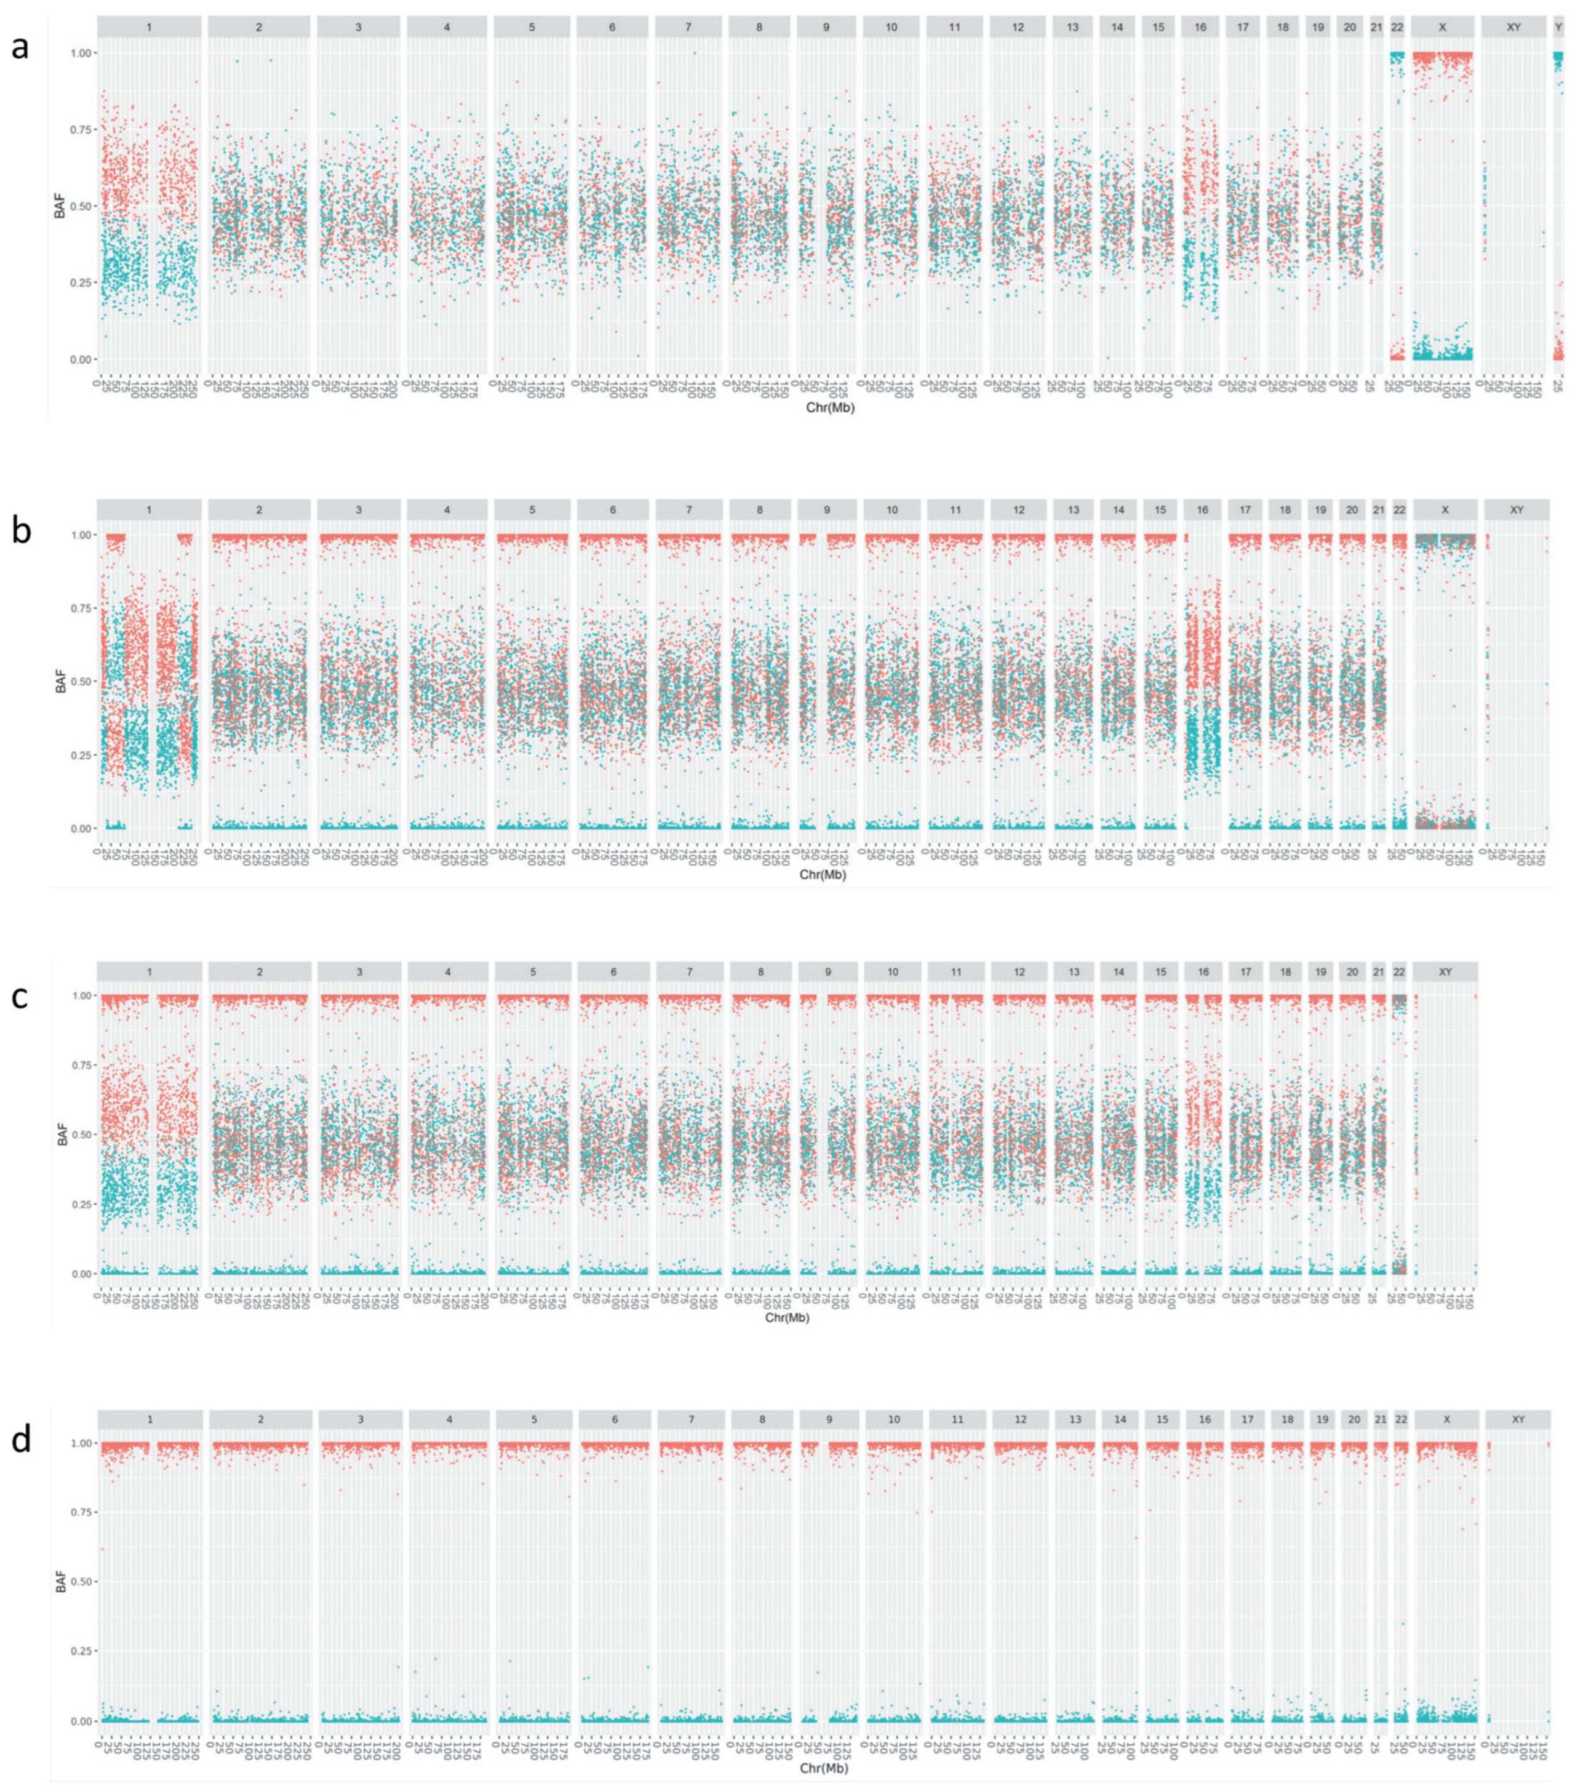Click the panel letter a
point(19,46)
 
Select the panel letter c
point(19,995)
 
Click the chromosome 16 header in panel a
point(1200,27)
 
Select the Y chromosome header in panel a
point(1558,27)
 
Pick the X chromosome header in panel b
point(1445,509)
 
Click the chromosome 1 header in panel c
point(150,971)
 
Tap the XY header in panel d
point(1517,1420)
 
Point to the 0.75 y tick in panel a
point(85,129)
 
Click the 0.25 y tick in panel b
point(85,755)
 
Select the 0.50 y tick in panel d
point(85,1582)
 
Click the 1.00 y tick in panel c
point(85,995)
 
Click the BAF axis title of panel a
point(60,205)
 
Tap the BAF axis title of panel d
point(60,1582)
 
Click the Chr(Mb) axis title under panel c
point(787,1318)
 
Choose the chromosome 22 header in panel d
point(1401,1420)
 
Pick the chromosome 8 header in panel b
point(760,509)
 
